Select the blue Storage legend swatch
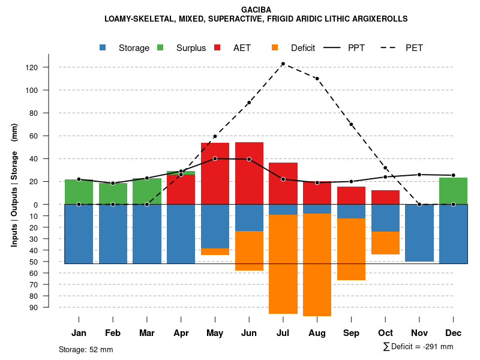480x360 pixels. [103, 47]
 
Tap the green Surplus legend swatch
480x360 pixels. [160, 47]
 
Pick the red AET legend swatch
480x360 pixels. [217, 47]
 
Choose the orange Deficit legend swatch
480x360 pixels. [275, 47]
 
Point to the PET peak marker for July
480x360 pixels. [283, 64]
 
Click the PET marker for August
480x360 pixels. [317, 79]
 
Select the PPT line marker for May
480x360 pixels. [215, 158]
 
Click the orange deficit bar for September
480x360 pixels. [351, 249]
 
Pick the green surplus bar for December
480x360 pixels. [453, 191]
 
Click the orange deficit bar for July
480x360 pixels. [283, 264]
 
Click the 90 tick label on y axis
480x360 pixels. [50, 307]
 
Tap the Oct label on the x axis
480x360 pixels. [385, 333]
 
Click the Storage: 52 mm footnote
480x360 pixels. [86, 349]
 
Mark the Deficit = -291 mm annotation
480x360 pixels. [418, 347]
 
